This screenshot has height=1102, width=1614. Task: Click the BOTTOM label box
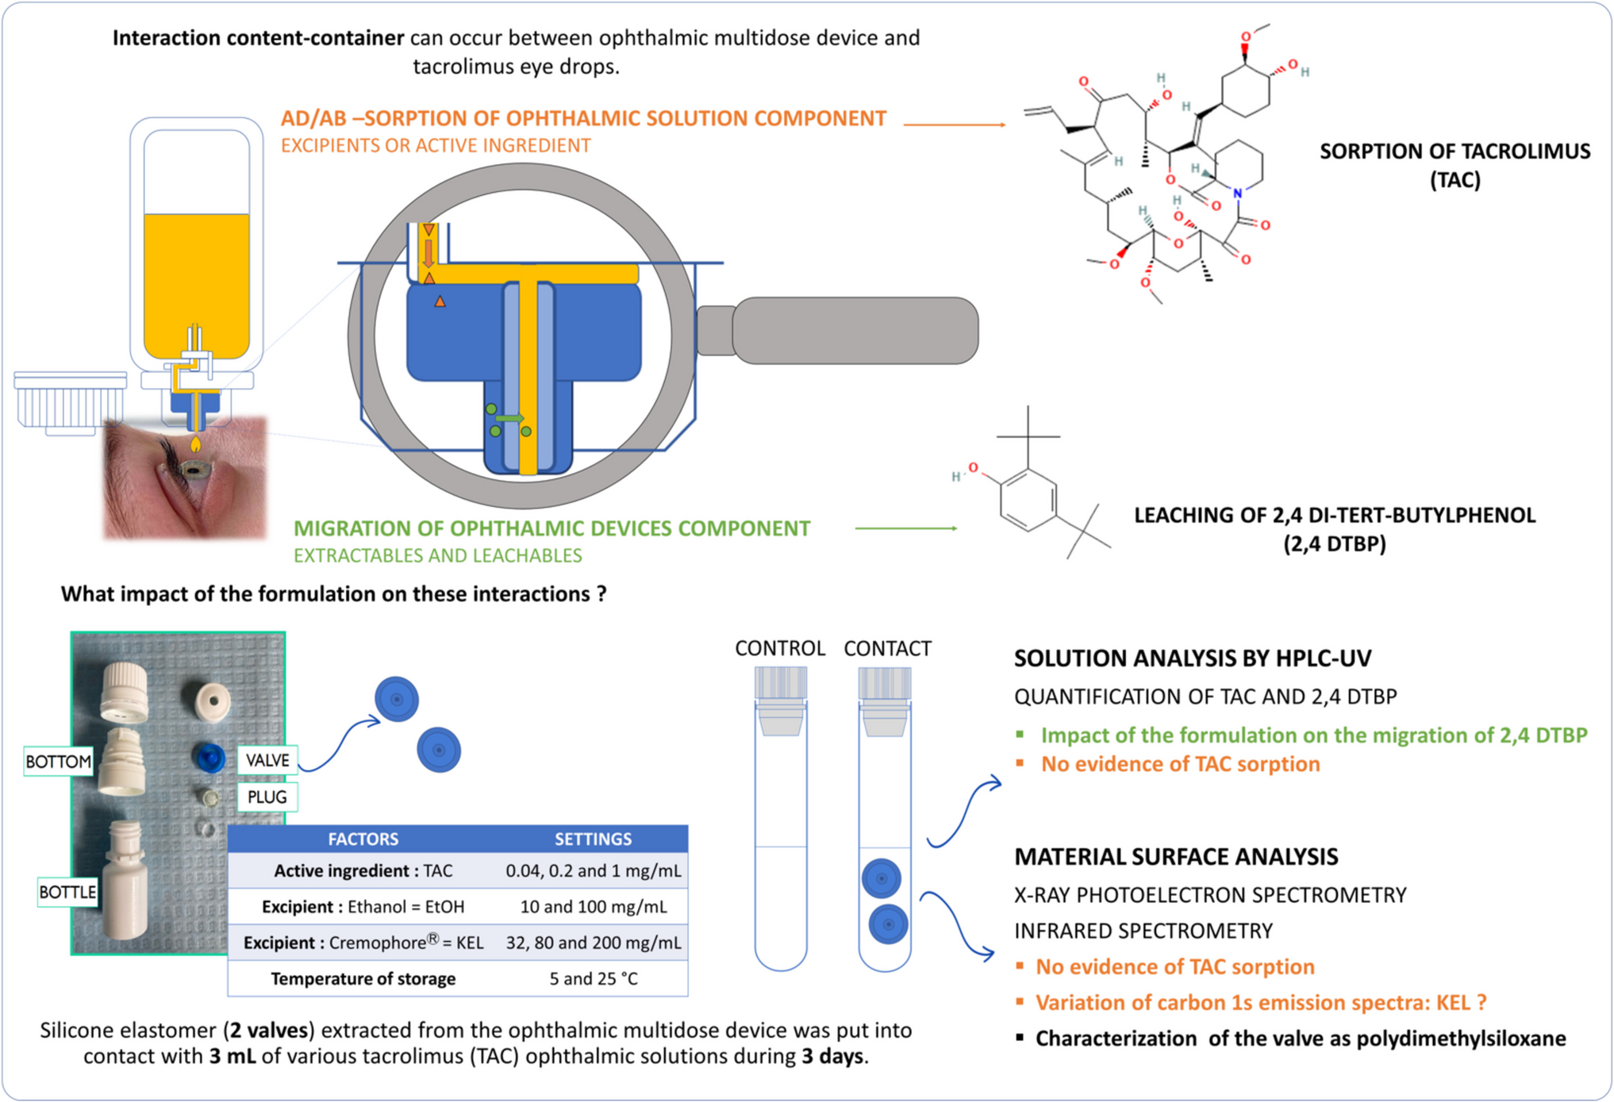click(59, 762)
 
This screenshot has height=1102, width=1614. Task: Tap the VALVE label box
click(267, 760)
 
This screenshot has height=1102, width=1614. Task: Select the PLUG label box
click(267, 797)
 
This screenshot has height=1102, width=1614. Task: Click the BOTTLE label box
click(67, 892)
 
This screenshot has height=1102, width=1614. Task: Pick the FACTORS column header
click(363, 839)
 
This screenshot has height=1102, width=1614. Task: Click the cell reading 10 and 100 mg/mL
click(593, 906)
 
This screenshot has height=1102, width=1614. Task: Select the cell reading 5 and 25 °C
click(593, 978)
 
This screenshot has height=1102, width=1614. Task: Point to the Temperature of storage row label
click(363, 978)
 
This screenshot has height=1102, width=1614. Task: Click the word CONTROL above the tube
click(779, 648)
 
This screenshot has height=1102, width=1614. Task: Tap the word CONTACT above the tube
click(887, 648)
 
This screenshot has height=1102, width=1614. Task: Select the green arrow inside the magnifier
click(510, 418)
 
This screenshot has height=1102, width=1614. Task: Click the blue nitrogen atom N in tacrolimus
click(1237, 193)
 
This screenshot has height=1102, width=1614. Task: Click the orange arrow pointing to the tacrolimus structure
click(955, 124)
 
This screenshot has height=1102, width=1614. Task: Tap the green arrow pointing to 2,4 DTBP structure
click(905, 528)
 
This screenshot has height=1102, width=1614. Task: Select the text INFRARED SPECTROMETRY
click(1143, 931)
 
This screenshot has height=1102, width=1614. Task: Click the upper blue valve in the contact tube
click(881, 878)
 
